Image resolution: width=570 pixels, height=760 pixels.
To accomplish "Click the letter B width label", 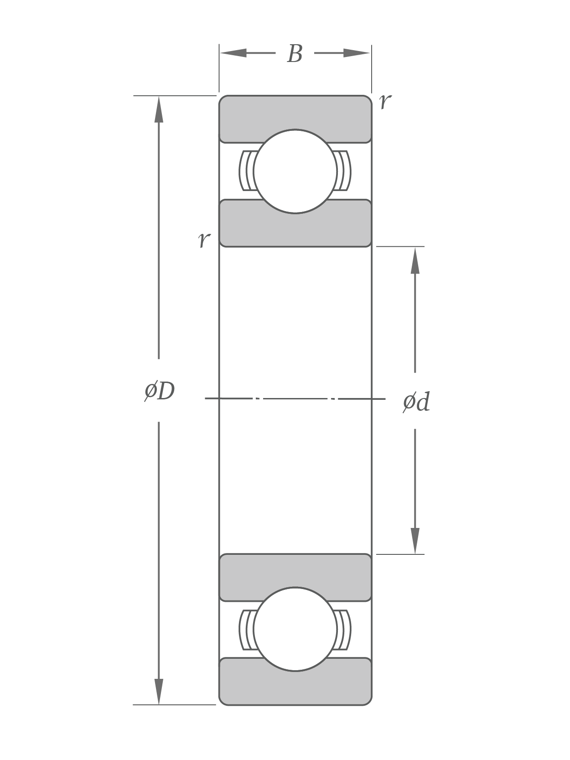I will pyautogui.click(x=295, y=54).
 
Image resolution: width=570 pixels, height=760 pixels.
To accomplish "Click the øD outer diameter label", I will pyautogui.click(x=160, y=391).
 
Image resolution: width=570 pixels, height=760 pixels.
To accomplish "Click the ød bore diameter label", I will pyautogui.click(x=416, y=402).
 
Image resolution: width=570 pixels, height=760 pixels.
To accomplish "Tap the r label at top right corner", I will pyautogui.click(x=385, y=101).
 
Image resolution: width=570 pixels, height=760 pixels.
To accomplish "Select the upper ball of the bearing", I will pyautogui.click(x=295, y=171).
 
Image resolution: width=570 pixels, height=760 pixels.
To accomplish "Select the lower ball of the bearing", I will pyautogui.click(x=295, y=629).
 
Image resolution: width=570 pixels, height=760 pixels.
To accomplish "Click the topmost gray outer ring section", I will pyautogui.click(x=295, y=112).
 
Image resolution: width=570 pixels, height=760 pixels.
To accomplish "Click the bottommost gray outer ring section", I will pyautogui.click(x=295, y=688).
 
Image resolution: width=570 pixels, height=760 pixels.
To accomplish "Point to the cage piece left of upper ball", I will pyautogui.click(x=246, y=171).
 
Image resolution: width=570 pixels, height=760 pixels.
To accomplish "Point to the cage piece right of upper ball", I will pyautogui.click(x=344, y=171).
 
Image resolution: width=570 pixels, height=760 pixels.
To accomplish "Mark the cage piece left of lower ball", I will pyautogui.click(x=246, y=630).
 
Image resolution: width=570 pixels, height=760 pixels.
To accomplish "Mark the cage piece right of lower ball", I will pyautogui.click(x=344, y=630).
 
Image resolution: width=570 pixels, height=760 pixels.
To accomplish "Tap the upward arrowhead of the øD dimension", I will pyautogui.click(x=159, y=109).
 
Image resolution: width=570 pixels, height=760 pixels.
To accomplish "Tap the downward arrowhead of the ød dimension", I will pyautogui.click(x=415, y=541).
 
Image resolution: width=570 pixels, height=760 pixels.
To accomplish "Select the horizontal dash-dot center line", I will pyautogui.click(x=295, y=398).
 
